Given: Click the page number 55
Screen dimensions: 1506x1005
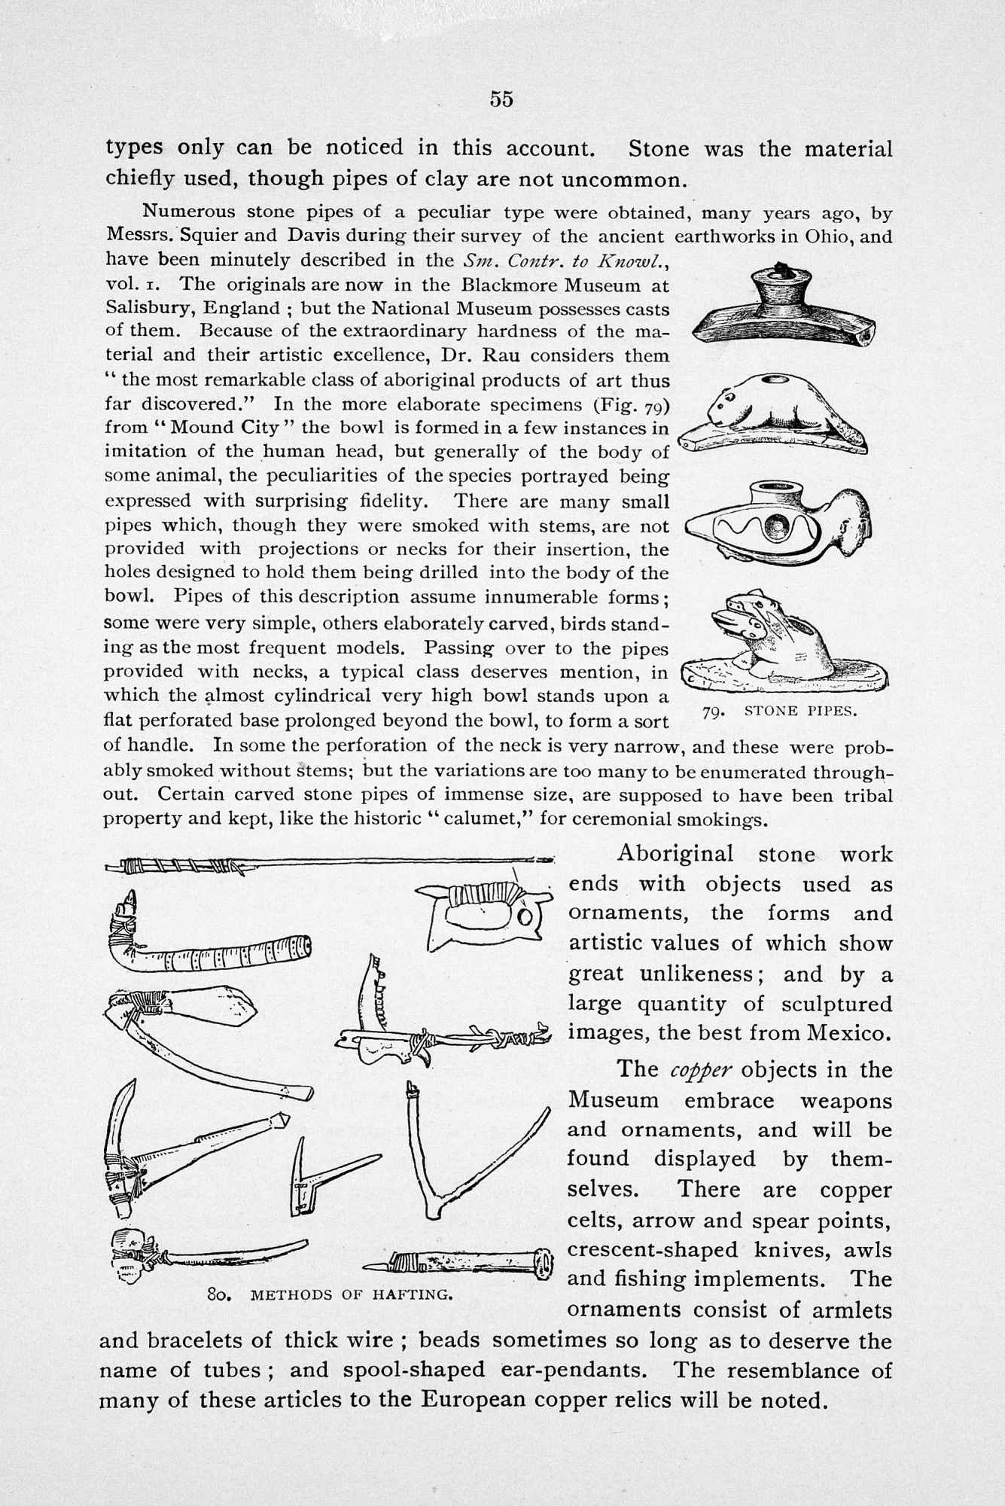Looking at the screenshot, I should (x=501, y=99).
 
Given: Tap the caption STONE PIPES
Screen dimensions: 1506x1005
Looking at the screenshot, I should (x=799, y=711).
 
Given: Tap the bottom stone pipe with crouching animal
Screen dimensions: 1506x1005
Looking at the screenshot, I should (x=783, y=646).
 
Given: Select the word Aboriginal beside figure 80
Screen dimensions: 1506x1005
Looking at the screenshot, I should (x=675, y=854).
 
